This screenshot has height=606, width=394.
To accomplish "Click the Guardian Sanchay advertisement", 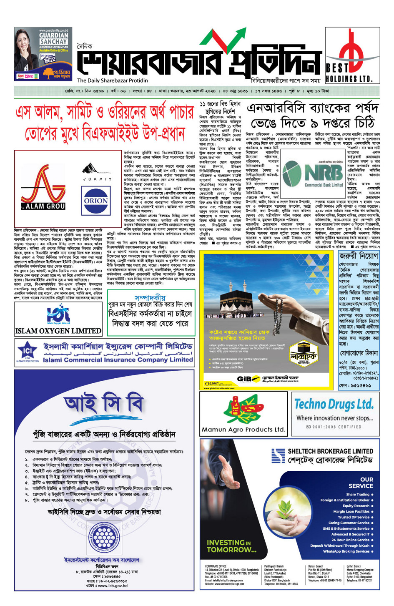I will (x=43, y=54).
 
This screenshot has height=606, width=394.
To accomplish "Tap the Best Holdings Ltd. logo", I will (x=349, y=55).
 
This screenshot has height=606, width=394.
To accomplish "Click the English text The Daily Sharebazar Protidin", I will (x=112, y=80).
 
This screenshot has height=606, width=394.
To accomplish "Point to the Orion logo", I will (x=96, y=201).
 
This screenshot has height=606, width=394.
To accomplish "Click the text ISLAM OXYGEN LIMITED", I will (x=58, y=331).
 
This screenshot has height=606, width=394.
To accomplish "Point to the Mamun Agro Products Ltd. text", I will (x=243, y=429).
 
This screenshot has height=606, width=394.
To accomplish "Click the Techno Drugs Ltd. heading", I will (x=334, y=404).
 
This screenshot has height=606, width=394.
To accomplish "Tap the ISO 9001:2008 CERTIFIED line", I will (x=334, y=427).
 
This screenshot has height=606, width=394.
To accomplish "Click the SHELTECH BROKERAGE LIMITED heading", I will (x=330, y=451).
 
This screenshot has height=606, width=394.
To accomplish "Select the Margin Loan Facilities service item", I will (x=351, y=511).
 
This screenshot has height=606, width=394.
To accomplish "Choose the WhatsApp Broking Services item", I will (x=346, y=551).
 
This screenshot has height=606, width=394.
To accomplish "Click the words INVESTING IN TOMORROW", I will (x=231, y=546).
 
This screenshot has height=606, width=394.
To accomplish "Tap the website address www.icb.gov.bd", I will (x=107, y=586).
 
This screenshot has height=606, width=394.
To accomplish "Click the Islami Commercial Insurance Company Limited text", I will (x=118, y=360).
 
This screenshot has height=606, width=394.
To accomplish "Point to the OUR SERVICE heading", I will (x=361, y=483).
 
